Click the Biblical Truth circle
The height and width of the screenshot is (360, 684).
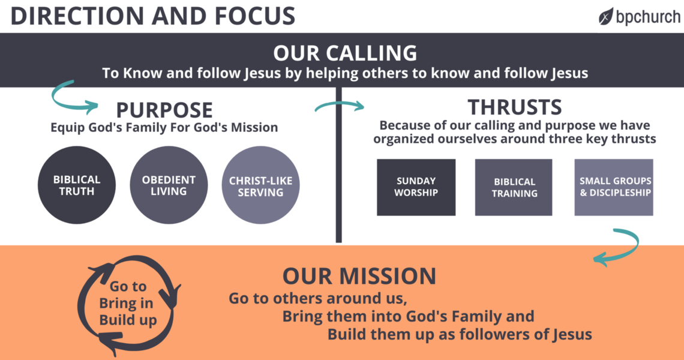(77, 185)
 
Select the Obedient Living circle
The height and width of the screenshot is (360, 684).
(169, 185)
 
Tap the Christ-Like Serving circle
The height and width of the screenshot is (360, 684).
(260, 185)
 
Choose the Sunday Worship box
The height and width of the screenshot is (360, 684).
(416, 187)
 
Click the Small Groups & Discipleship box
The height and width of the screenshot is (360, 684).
(614, 187)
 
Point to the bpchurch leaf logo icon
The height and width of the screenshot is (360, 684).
(606, 16)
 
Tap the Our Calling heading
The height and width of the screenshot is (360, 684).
(345, 53)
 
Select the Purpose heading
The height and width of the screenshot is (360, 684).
(164, 110)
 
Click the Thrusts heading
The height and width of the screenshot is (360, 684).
(515, 107)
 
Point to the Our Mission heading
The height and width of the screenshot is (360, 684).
(359, 276)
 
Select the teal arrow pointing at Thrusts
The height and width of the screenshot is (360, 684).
(339, 106)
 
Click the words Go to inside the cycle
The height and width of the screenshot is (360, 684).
(128, 287)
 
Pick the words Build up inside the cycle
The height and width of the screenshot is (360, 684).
(128, 320)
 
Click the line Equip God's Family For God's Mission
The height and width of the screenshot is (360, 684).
(164, 127)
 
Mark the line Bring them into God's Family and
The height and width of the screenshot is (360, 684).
(408, 316)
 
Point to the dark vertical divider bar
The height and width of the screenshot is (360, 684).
(339, 165)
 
